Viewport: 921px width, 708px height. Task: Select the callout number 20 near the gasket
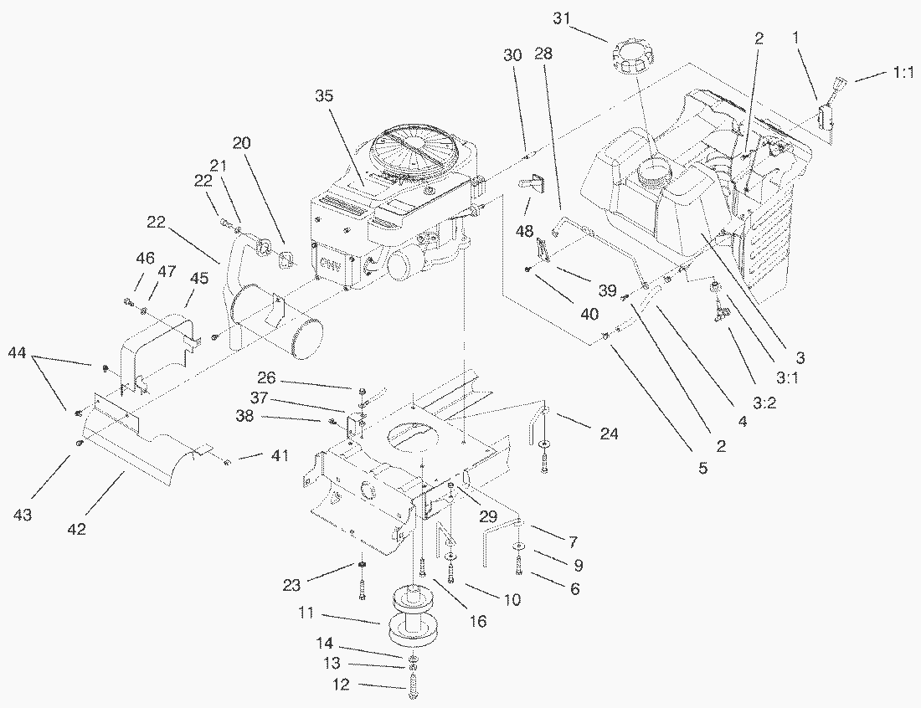[x=241, y=144]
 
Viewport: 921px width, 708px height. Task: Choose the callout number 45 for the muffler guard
[x=198, y=278]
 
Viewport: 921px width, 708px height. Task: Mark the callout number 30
[x=512, y=55]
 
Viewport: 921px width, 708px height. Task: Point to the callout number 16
[x=478, y=621]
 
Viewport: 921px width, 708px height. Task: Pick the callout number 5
[x=703, y=469]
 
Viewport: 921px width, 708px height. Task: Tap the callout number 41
[x=279, y=456]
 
